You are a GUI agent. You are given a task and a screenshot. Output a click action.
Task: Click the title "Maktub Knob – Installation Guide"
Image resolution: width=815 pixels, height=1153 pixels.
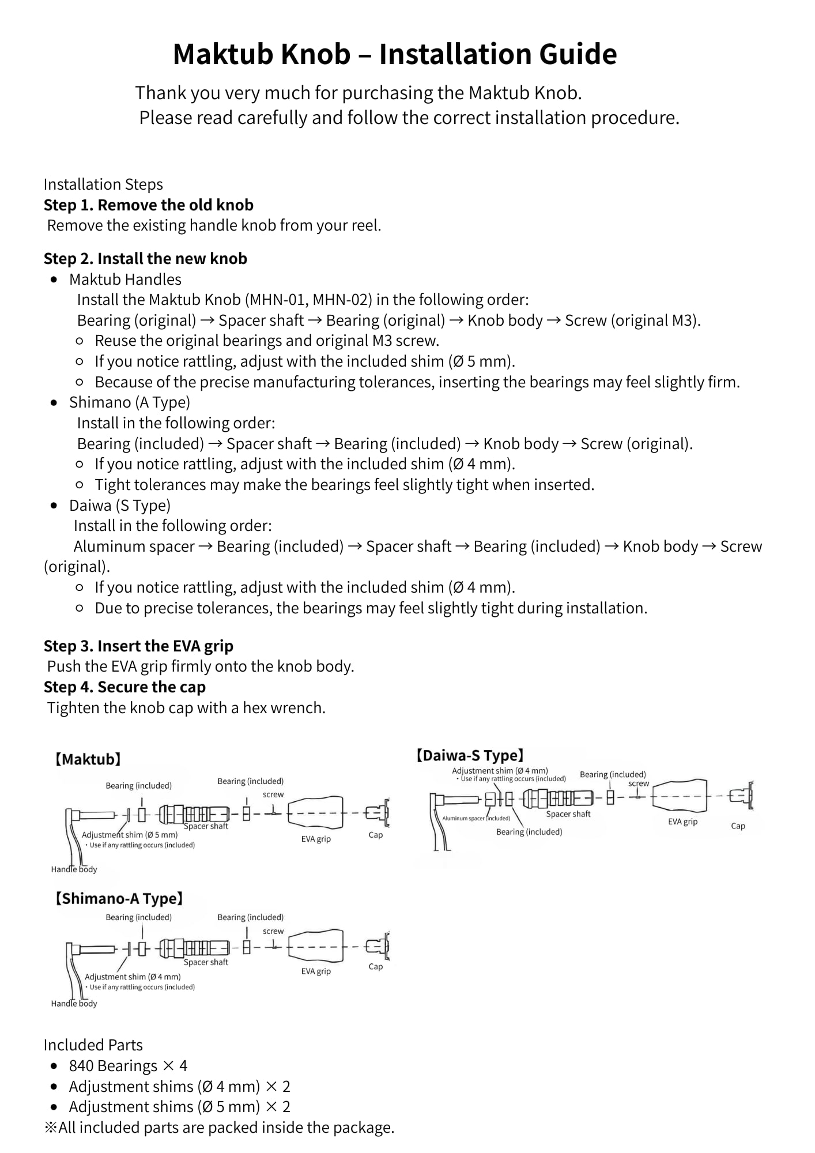pyautogui.click(x=395, y=54)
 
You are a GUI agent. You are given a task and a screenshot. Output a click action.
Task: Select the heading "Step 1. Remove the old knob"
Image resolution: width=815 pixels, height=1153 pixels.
pyautogui.click(x=148, y=205)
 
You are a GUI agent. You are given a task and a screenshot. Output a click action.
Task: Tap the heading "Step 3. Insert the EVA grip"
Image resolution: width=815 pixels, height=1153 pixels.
pyautogui.click(x=138, y=646)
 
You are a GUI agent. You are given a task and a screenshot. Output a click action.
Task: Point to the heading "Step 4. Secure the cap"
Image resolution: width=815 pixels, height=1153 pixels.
pyautogui.click(x=124, y=687)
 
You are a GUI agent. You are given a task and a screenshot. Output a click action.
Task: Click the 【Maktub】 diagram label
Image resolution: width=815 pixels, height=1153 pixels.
pyautogui.click(x=88, y=759)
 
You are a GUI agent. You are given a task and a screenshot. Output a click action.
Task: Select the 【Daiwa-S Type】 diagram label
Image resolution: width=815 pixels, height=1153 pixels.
pyautogui.click(x=470, y=755)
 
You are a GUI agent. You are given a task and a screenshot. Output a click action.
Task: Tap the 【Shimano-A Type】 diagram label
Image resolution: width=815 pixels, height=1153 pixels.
pyautogui.click(x=119, y=899)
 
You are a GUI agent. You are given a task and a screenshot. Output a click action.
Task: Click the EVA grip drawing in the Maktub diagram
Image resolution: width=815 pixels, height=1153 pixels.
pyautogui.click(x=315, y=812)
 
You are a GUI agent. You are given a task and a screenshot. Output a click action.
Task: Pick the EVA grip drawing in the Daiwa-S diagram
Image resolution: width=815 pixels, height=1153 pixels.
pyautogui.click(x=681, y=797)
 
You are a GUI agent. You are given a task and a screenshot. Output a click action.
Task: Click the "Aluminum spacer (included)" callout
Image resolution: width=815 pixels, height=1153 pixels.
pyautogui.click(x=476, y=818)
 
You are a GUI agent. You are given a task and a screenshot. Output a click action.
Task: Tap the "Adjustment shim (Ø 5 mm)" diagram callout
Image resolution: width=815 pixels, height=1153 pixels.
pyautogui.click(x=130, y=835)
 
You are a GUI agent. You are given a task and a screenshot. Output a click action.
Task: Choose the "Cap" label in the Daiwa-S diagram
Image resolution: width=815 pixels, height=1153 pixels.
pyautogui.click(x=738, y=826)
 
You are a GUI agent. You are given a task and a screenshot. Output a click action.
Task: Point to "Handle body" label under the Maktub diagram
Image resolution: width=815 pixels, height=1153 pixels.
pyautogui.click(x=74, y=869)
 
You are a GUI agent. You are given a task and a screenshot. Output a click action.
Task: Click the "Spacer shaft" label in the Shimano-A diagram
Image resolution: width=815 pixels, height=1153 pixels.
pyautogui.click(x=206, y=962)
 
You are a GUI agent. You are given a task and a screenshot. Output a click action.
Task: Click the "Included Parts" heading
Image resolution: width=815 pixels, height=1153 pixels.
pyautogui.click(x=93, y=1045)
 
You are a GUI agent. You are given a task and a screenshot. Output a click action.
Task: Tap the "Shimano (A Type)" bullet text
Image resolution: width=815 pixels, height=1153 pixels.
pyautogui.click(x=129, y=402)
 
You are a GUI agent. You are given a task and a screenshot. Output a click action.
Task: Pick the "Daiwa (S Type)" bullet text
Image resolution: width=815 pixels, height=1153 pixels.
pyautogui.click(x=119, y=506)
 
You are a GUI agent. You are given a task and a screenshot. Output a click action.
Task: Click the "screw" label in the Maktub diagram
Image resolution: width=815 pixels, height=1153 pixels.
pyautogui.click(x=273, y=794)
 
